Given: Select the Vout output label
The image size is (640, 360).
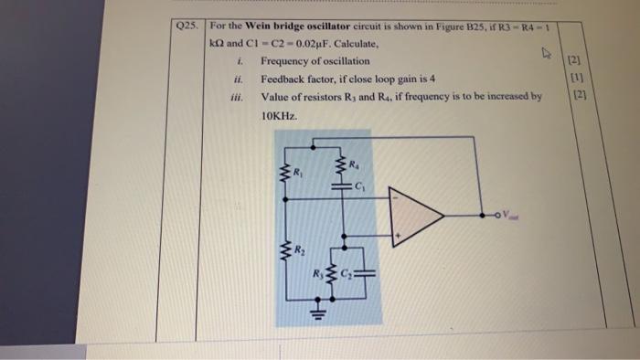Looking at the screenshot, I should (x=508, y=217).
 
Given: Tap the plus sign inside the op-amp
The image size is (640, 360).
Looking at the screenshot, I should (x=398, y=237).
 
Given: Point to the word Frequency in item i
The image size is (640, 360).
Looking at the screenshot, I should (x=286, y=60).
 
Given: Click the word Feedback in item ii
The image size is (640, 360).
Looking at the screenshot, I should (x=284, y=78).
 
